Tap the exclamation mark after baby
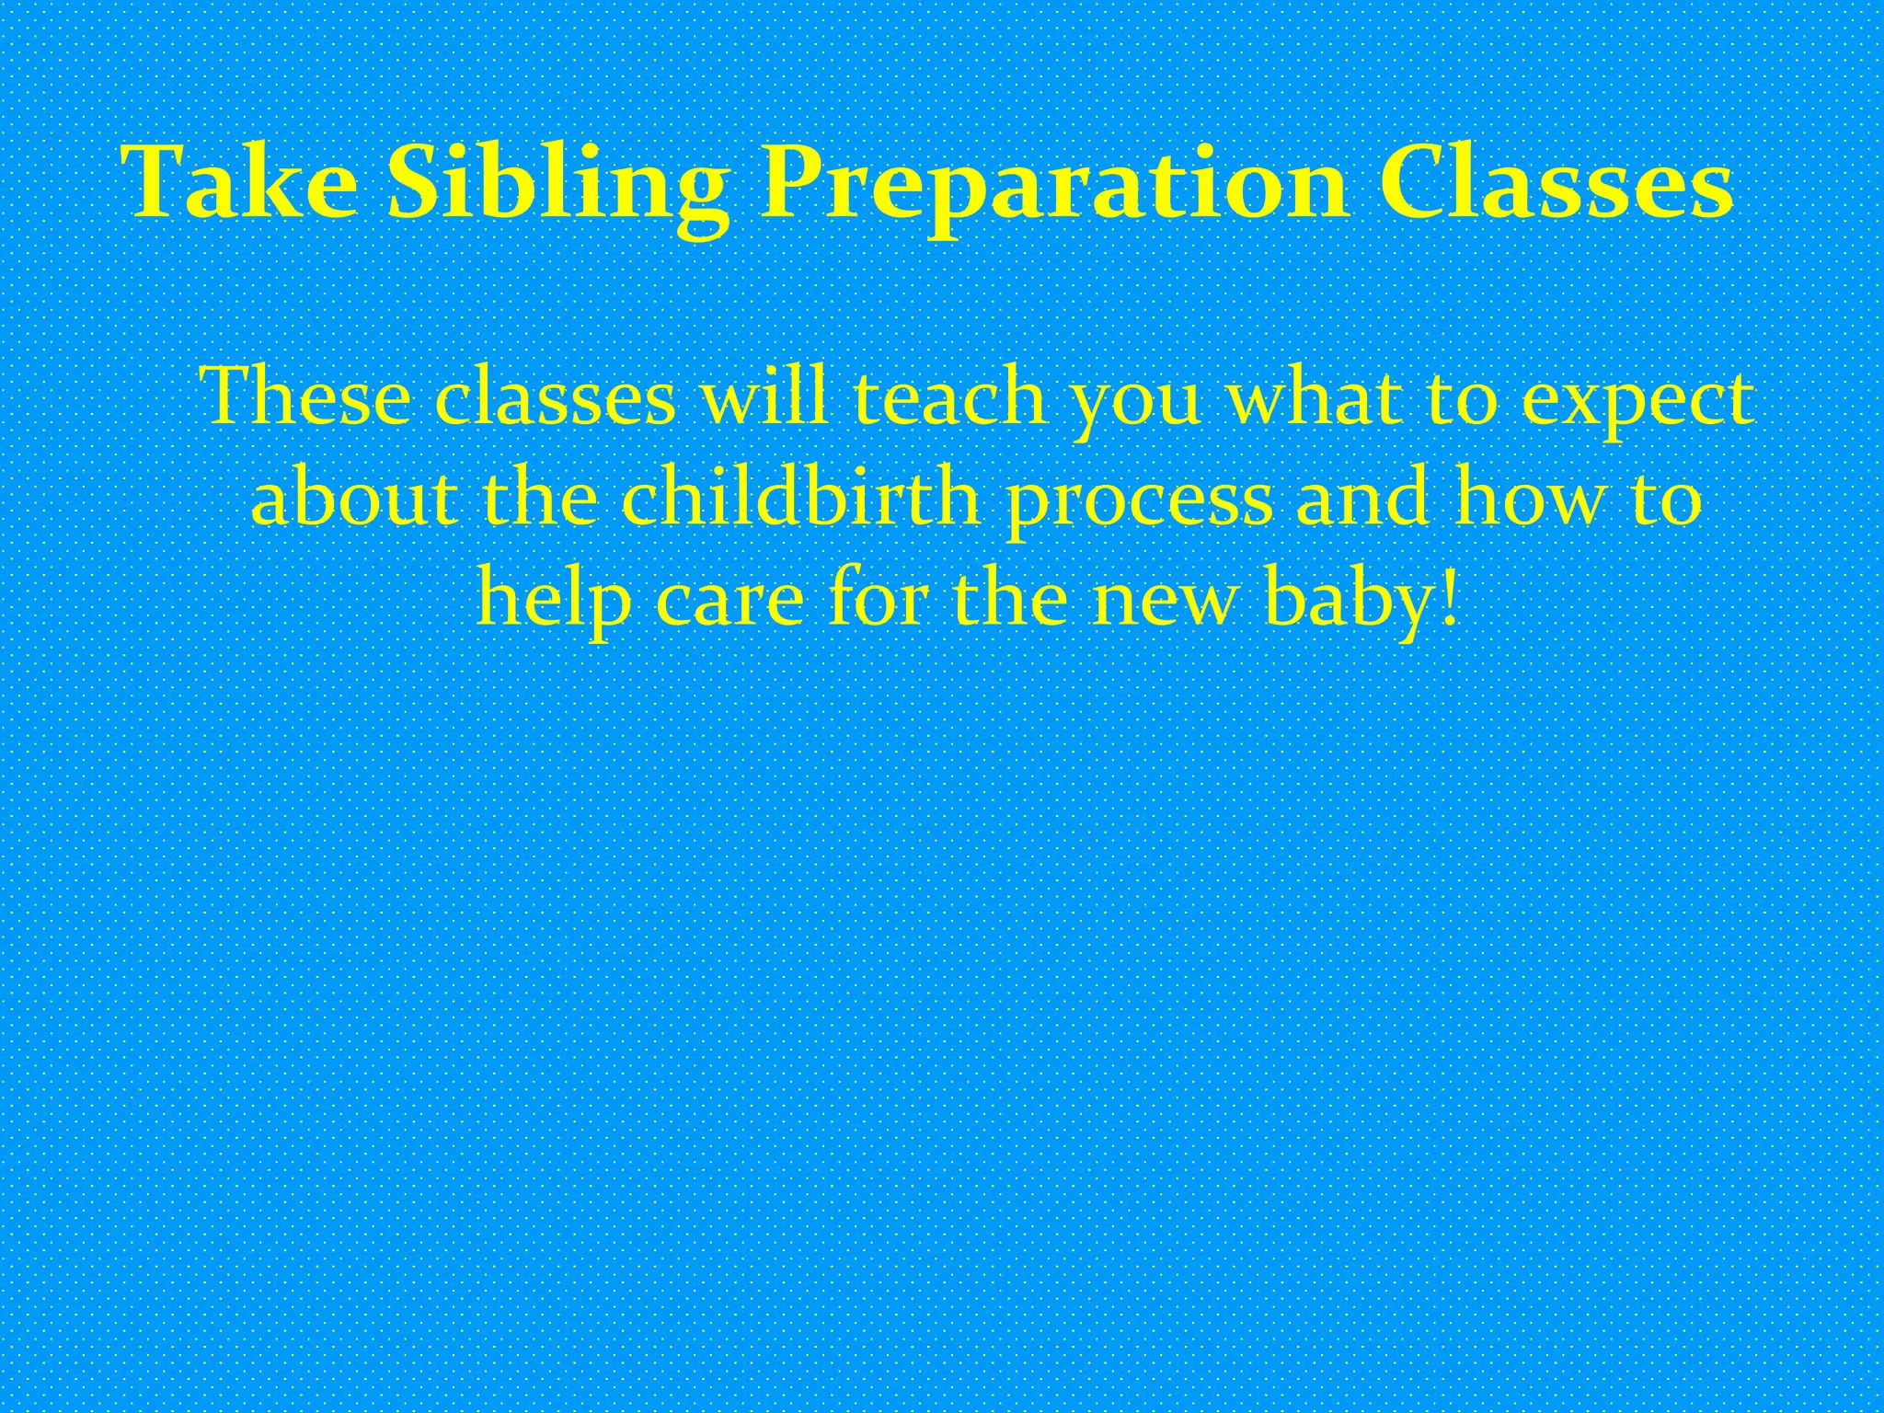pos(1451,598)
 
